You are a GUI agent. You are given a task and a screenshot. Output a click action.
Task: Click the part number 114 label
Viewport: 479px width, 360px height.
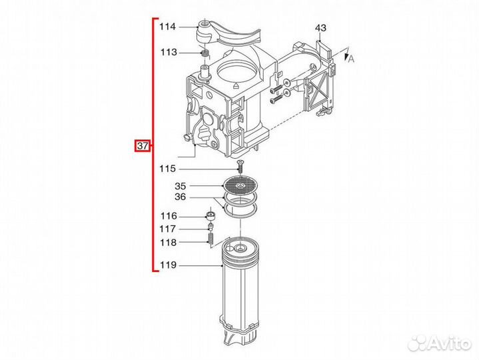tap(167, 27)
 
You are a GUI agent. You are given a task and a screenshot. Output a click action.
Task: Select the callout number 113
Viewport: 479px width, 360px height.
tap(167, 52)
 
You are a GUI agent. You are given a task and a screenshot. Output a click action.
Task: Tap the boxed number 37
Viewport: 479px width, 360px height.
tap(142, 145)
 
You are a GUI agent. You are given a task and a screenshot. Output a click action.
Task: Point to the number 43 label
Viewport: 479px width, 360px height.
tap(321, 28)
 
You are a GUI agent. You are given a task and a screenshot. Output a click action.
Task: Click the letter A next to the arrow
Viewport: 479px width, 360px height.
tap(350, 59)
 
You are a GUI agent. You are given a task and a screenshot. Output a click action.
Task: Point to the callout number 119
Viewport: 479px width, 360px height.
tap(167, 266)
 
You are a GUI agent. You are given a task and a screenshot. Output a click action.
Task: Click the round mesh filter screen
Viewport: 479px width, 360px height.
tap(240, 184)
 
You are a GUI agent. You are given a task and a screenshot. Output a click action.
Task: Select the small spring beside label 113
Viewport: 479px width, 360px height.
tap(205, 53)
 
